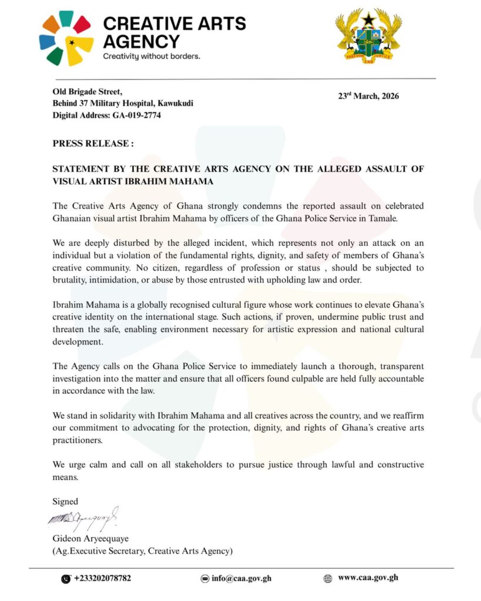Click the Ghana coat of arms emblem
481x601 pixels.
pyautogui.click(x=368, y=36)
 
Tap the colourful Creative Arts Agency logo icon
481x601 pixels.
pyautogui.click(x=66, y=38)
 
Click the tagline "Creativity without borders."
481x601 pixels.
pyautogui.click(x=152, y=57)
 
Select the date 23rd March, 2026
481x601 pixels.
pyautogui.click(x=368, y=96)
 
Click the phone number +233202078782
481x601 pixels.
pyautogui.click(x=103, y=578)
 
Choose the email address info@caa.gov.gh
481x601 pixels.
pyautogui.click(x=241, y=578)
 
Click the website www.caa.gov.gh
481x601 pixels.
pyautogui.click(x=368, y=578)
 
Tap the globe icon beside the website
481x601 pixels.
pyautogui.click(x=328, y=578)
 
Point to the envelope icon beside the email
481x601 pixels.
pyautogui.click(x=205, y=578)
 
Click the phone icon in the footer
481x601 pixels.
pyautogui.click(x=66, y=579)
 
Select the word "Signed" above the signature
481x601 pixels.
pyautogui.click(x=65, y=501)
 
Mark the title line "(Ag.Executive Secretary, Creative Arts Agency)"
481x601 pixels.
pyautogui.click(x=143, y=551)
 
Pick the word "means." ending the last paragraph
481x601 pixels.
pyautogui.click(x=65, y=477)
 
